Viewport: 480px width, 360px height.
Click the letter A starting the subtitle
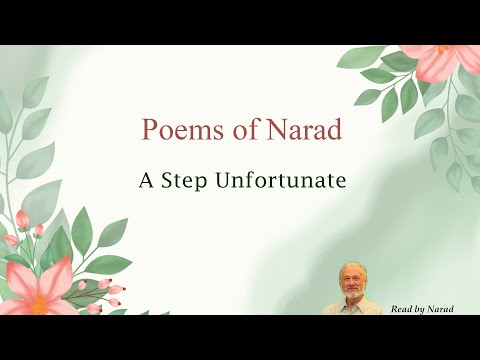pyautogui.click(x=146, y=181)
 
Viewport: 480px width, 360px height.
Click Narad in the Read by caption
pyautogui.click(x=442, y=309)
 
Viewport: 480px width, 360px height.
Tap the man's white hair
pyautogui.click(x=351, y=267)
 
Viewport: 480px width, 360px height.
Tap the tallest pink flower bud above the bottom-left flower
pyautogui.click(x=22, y=218)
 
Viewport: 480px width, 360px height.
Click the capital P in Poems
pyautogui.click(x=150, y=130)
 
